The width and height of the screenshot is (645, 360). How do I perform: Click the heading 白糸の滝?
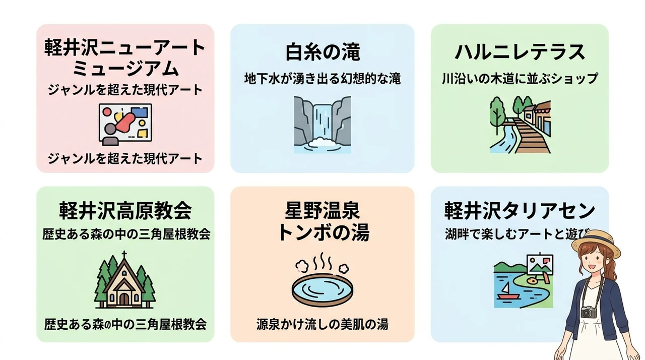(322, 52)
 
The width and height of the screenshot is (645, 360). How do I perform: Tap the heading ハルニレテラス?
(520, 52)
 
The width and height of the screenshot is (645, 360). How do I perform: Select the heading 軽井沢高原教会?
(125, 211)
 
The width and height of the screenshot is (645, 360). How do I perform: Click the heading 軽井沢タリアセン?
(520, 211)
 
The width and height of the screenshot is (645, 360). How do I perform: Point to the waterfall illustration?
(322, 125)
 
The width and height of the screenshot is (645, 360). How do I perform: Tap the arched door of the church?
(124, 299)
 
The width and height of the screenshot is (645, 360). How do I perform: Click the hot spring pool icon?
(322, 289)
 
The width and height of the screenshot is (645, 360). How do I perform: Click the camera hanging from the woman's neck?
(588, 312)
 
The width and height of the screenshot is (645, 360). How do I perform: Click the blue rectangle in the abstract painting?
(140, 112)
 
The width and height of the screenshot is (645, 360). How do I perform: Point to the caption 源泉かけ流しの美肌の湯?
(322, 324)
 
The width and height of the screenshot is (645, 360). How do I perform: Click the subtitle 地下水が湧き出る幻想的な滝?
(322, 79)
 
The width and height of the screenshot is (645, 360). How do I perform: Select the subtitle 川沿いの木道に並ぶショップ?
(520, 79)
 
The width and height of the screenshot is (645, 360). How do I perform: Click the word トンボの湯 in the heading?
(322, 233)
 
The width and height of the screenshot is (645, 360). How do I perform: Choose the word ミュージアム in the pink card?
(125, 68)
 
